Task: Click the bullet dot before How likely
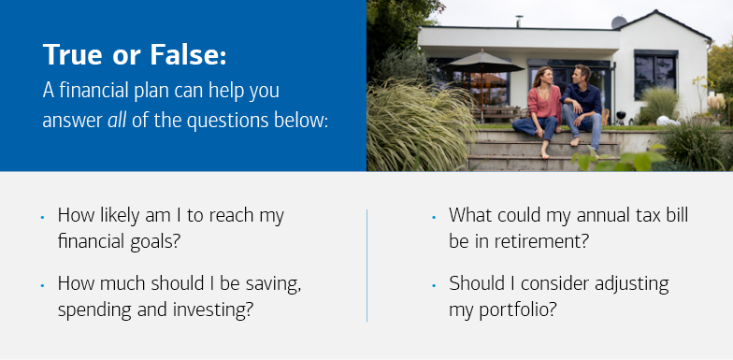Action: [x=43, y=217]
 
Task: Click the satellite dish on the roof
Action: [x=618, y=22]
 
